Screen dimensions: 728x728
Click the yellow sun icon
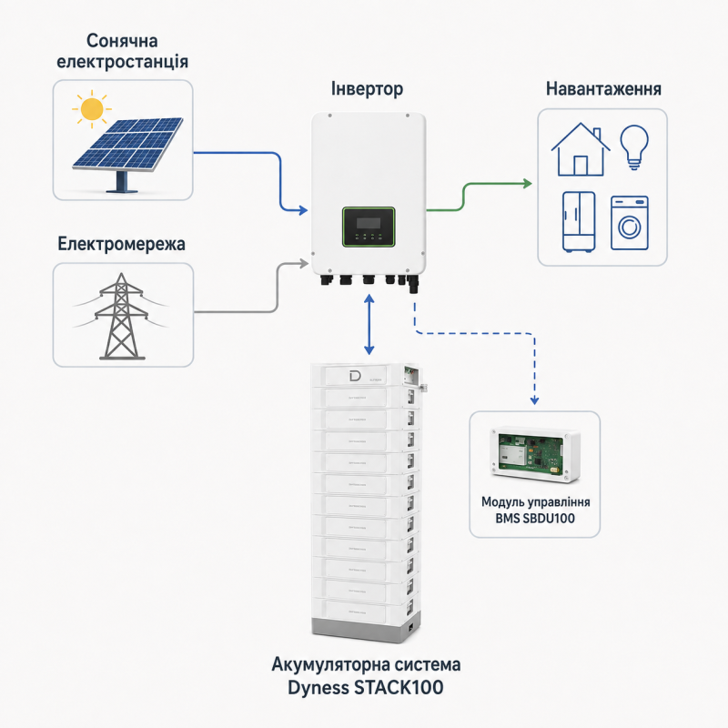[x=92, y=108]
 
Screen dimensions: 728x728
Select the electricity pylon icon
[x=121, y=316]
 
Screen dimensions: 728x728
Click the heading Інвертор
[x=367, y=88]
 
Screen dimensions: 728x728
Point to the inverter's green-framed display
[x=369, y=227]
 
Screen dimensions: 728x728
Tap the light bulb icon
[x=634, y=147]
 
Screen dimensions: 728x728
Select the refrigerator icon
[x=579, y=222]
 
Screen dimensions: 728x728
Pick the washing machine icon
[x=629, y=223]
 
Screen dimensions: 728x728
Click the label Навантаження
[x=603, y=88]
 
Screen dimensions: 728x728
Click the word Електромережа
[x=121, y=244]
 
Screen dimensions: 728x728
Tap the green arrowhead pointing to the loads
[x=527, y=184]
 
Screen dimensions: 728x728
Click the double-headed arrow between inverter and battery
[x=369, y=324]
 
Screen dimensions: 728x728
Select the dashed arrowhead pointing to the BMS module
[x=534, y=399]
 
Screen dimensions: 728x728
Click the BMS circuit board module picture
[x=535, y=454]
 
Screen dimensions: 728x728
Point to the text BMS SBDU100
[x=535, y=518]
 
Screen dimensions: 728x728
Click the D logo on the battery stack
[x=355, y=376]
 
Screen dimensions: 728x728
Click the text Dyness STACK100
[x=366, y=688]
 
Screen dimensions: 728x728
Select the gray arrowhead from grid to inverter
[x=304, y=264]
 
